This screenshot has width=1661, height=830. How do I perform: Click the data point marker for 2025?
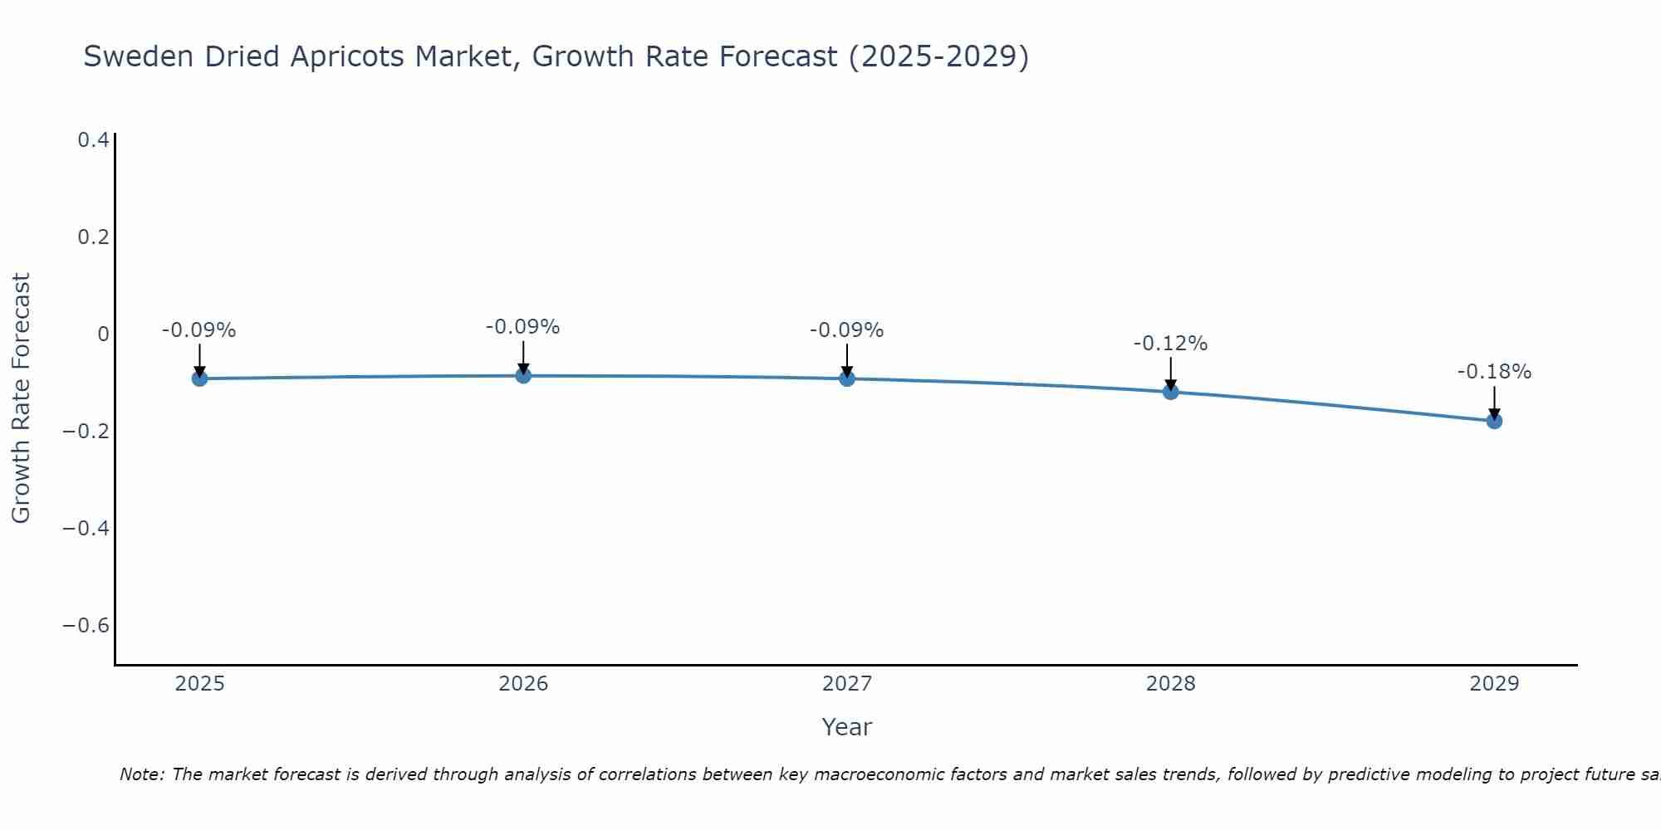click(x=199, y=378)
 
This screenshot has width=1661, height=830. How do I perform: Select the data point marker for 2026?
click(x=523, y=376)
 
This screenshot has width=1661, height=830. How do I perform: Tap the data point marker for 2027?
click(x=847, y=378)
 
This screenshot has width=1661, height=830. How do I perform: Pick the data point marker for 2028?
click(x=1170, y=392)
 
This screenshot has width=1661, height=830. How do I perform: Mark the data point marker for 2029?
click(x=1494, y=421)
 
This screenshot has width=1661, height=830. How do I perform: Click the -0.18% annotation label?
click(x=1494, y=372)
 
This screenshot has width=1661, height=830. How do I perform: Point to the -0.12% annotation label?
click(x=1170, y=344)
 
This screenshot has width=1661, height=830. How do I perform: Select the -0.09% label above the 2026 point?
click(x=522, y=327)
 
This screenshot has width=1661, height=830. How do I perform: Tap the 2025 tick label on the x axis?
click(x=200, y=684)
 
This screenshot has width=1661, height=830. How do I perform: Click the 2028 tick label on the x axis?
click(x=1170, y=684)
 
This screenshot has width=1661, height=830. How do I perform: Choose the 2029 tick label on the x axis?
click(x=1494, y=684)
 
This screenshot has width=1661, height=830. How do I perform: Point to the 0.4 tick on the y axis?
click(x=93, y=140)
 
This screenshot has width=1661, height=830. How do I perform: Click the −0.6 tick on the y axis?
click(x=86, y=625)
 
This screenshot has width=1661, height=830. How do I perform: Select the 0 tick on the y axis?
click(x=103, y=334)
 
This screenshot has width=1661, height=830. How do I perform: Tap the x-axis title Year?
click(x=846, y=727)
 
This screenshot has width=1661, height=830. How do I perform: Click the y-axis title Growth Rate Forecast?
click(x=21, y=398)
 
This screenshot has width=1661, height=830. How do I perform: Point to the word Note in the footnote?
click(x=141, y=774)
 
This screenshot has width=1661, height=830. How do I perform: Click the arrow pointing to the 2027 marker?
click(x=847, y=360)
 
